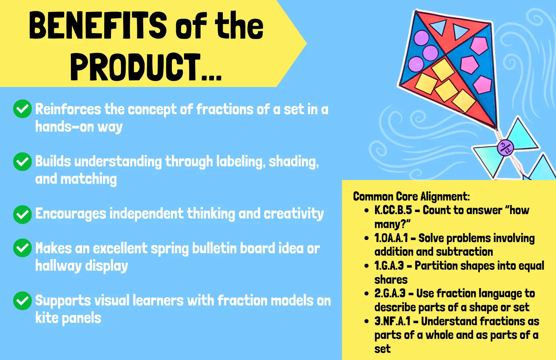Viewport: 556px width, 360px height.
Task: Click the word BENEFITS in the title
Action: [98, 26]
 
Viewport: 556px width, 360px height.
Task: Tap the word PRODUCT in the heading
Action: [136, 67]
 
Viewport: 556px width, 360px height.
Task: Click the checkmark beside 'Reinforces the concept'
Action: [22, 109]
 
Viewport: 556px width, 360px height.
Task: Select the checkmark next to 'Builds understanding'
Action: [22, 162]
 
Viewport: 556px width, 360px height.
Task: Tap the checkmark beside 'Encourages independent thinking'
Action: [22, 214]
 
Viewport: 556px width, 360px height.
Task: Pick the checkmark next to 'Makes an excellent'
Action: [22, 248]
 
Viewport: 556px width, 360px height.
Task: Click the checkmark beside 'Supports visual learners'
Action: [22, 301]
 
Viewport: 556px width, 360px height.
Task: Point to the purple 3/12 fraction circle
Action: [505, 148]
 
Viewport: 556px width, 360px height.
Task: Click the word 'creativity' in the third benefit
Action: [294, 214]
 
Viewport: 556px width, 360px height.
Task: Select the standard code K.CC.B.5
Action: [393, 210]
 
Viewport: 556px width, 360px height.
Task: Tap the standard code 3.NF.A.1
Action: [392, 321]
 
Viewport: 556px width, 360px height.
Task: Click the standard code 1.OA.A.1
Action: [391, 238]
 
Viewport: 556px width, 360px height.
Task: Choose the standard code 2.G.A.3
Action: [390, 294]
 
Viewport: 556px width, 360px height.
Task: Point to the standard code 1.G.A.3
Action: [389, 266]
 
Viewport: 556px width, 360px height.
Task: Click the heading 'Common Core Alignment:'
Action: [412, 197]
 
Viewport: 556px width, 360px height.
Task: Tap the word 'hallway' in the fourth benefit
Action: [58, 266]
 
